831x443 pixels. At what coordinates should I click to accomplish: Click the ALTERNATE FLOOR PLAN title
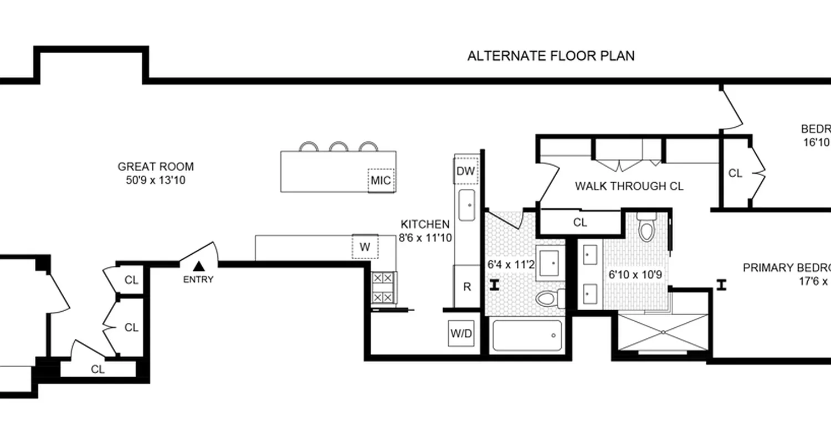[551, 56]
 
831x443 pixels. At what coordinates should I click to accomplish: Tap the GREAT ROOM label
[156, 167]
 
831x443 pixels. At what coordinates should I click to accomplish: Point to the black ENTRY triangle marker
[198, 267]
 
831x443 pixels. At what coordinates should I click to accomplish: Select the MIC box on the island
[381, 181]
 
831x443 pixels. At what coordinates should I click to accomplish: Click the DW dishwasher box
[465, 171]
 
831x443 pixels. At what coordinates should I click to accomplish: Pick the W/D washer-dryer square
[461, 334]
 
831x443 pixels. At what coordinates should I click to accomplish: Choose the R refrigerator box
[466, 287]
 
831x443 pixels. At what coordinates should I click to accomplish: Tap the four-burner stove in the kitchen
[383, 287]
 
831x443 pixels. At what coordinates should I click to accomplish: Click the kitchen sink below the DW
[466, 205]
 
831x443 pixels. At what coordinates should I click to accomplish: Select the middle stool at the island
[337, 147]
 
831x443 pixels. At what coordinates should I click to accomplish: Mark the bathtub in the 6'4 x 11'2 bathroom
[527, 335]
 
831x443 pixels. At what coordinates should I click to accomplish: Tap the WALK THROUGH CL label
[629, 186]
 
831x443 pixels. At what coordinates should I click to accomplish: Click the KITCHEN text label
[425, 224]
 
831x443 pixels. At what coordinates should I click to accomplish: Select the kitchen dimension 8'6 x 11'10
[425, 239]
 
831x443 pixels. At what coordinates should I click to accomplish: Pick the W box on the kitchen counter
[365, 247]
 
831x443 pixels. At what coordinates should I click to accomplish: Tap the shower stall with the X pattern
[663, 332]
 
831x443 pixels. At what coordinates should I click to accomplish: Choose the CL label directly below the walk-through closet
[579, 223]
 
